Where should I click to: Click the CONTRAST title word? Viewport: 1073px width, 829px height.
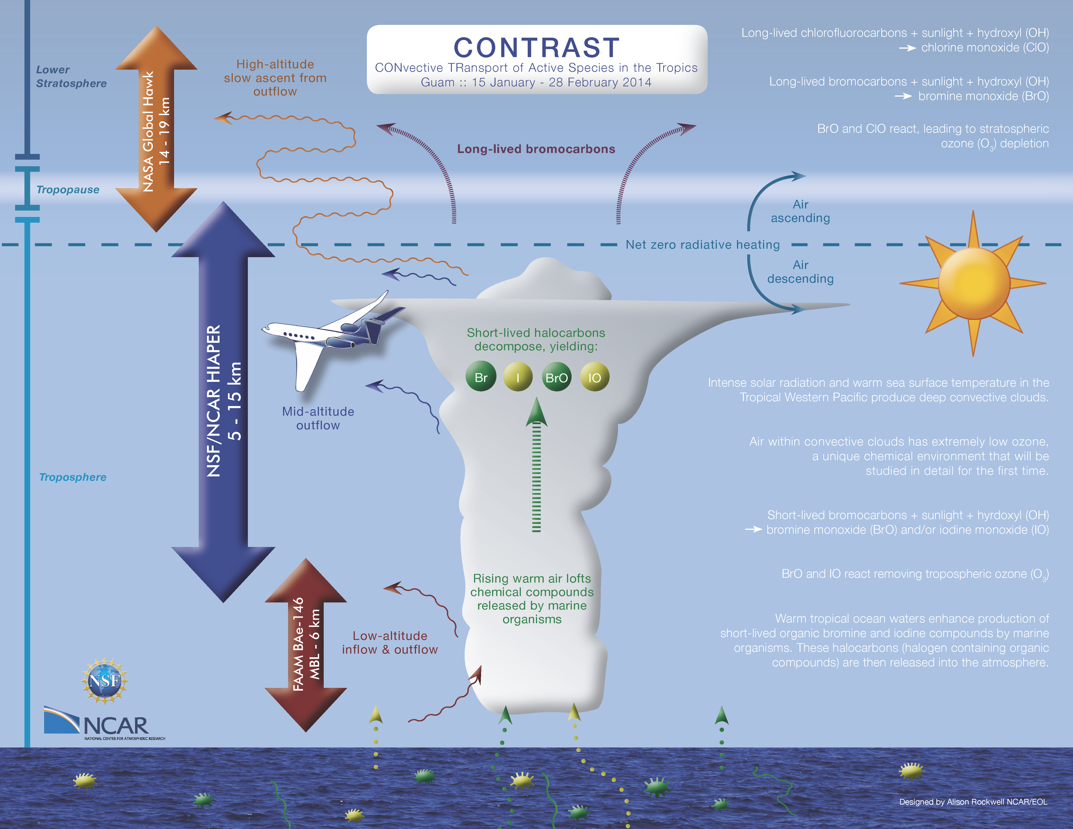point(536,48)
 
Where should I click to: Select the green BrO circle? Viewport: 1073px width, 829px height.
point(557,377)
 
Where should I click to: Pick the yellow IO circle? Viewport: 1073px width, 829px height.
point(594,377)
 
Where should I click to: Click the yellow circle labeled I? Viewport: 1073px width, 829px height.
point(518,377)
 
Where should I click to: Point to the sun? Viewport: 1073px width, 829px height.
point(973,283)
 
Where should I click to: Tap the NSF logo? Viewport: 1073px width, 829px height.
point(104,681)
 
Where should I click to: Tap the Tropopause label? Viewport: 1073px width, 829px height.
point(68,190)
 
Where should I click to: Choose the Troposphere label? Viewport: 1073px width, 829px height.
point(73,477)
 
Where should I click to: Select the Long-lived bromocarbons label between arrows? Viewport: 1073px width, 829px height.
point(536,149)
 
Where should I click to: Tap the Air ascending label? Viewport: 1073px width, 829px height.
point(800,211)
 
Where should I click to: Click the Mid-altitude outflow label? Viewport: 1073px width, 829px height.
point(318,418)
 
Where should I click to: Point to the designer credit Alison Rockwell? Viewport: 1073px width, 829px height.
point(973,802)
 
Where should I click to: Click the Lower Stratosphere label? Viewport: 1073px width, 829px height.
point(71,77)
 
